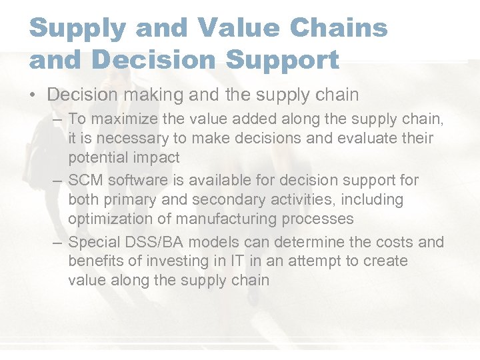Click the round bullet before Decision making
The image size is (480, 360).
pos(33,95)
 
